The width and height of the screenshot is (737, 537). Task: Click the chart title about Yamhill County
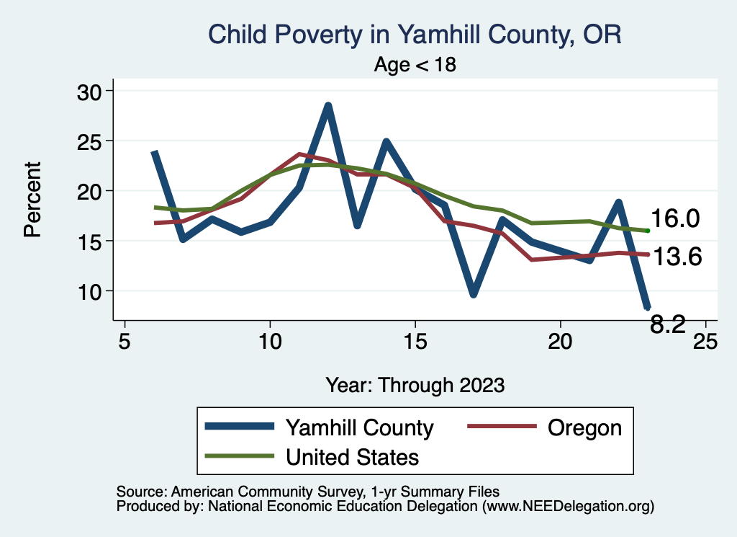(415, 34)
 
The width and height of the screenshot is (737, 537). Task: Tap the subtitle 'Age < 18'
(415, 65)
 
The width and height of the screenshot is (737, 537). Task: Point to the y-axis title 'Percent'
(32, 200)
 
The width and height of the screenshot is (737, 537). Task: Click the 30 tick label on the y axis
(91, 92)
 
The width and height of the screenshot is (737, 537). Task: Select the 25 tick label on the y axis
(91, 141)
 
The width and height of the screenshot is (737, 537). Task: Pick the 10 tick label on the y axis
(91, 291)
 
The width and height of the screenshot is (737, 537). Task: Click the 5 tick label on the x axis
(125, 341)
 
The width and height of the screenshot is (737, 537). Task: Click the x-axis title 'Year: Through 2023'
(415, 384)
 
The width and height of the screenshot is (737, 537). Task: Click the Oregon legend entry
(584, 427)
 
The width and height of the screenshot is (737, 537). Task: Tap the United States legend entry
(352, 456)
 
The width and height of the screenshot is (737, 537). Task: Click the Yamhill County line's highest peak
(328, 106)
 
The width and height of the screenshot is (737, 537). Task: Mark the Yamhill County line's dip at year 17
(473, 294)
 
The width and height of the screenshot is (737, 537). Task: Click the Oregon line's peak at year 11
(299, 154)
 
